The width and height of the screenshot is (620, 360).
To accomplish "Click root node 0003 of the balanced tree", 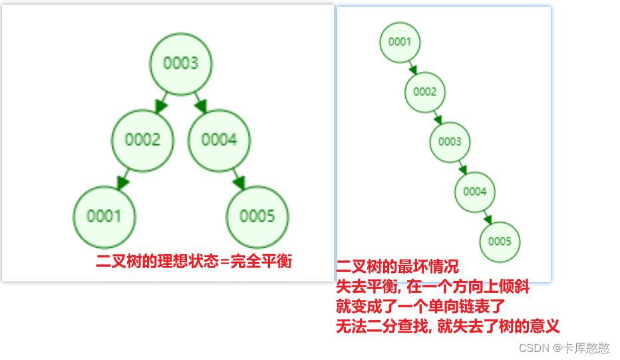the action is click(181, 63).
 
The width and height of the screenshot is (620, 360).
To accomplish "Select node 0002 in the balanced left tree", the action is click(143, 140).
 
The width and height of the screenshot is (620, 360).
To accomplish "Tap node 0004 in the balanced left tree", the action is click(220, 140).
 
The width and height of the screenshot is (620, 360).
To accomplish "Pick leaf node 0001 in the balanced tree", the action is click(104, 216).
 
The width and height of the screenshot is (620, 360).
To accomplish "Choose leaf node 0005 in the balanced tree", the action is click(257, 216).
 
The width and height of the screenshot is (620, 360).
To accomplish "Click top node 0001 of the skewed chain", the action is click(400, 42).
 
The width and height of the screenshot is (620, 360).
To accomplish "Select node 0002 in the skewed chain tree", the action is click(424, 92).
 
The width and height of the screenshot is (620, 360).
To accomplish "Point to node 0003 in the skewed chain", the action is click(450, 142).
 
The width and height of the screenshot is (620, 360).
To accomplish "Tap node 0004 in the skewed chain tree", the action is click(475, 192).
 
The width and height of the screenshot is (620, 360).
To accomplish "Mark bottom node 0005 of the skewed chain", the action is click(500, 242).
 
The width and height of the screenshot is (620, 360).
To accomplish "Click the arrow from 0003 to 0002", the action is click(161, 102).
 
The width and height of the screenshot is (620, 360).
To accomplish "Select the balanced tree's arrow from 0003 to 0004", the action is click(200, 102).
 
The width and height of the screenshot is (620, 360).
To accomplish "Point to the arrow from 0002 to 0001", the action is click(123, 179).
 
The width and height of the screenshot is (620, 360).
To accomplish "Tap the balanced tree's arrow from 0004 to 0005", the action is click(238, 179).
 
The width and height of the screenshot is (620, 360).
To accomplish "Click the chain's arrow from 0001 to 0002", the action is click(412, 67).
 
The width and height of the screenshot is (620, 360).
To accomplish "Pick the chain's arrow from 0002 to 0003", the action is click(437, 117).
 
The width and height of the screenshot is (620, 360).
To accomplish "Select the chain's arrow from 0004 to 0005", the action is click(488, 217).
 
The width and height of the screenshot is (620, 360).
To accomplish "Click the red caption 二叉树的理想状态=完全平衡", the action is click(194, 261).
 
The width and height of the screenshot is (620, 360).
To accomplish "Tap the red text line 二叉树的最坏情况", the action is click(397, 268).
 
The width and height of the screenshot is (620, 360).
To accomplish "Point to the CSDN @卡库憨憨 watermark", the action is click(564, 348).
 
